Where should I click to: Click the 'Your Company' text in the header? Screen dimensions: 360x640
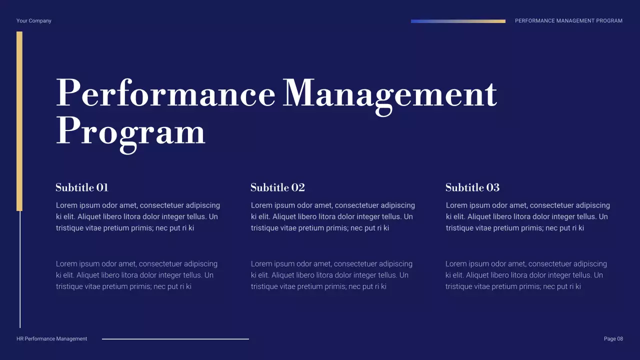(33, 21)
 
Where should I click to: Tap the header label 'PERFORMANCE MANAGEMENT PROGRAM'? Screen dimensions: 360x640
(568, 21)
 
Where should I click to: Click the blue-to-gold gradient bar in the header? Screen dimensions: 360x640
(458, 21)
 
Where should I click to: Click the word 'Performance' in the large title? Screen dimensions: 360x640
(165, 93)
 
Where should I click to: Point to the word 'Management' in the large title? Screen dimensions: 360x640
(389, 94)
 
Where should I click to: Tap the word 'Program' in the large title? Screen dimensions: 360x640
(130, 132)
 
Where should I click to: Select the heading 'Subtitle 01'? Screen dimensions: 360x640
(82, 187)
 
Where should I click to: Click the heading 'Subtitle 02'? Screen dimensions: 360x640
(277, 187)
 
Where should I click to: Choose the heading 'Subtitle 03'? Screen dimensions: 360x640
(472, 187)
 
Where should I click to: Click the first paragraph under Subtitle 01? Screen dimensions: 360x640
(137, 216)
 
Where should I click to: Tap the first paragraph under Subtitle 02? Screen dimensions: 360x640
(332, 216)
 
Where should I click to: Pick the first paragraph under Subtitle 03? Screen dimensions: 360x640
(527, 216)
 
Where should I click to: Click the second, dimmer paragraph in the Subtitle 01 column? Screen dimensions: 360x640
(136, 275)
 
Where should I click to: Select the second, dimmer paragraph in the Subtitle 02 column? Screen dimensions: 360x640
(331, 275)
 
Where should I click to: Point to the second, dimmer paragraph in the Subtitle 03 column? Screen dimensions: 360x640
(525, 275)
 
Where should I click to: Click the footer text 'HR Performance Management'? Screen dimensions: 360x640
(51, 339)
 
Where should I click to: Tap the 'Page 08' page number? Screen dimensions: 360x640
(613, 339)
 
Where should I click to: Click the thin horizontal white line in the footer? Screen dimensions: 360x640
(175, 339)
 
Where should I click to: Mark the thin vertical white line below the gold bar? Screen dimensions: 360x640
(20, 270)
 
